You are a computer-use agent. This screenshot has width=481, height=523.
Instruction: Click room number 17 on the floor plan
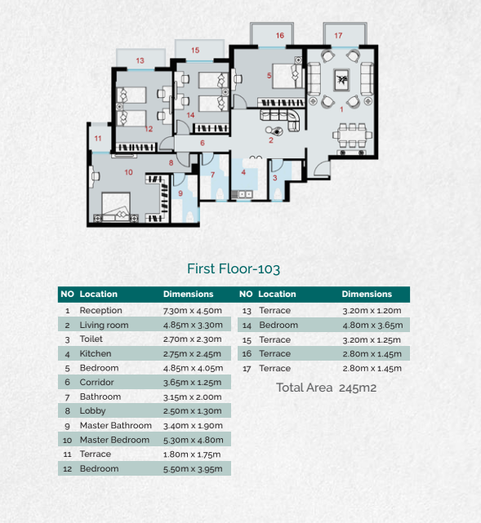[x=338, y=35]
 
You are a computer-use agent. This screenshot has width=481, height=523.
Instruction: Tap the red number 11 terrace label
[x=98, y=138]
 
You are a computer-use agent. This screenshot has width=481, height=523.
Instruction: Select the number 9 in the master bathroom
[x=180, y=193]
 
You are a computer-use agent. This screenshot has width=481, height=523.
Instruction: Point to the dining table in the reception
[x=352, y=135]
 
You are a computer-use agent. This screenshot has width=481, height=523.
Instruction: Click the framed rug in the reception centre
[x=342, y=80]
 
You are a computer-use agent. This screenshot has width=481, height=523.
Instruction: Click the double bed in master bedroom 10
[x=116, y=206]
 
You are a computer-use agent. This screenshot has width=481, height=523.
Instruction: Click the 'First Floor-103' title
[x=234, y=268]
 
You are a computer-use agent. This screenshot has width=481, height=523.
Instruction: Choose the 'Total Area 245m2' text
[x=326, y=388]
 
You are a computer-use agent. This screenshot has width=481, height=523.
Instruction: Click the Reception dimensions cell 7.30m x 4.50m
[x=193, y=311]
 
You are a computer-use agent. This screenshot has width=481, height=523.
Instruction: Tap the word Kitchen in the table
[x=96, y=353]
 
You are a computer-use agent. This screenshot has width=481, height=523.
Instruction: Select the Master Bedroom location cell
[x=114, y=440]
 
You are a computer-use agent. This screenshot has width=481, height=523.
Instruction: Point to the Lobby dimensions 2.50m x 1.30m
[x=192, y=411]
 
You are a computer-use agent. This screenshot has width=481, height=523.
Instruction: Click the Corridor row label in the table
[x=97, y=382]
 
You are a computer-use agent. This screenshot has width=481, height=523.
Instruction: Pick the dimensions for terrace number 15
[x=372, y=340]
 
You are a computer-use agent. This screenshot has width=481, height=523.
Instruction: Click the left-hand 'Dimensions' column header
[x=189, y=294]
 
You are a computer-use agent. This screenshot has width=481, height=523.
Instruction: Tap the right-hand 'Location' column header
[x=277, y=294]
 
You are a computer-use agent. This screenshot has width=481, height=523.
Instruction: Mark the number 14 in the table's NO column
[x=247, y=326]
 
